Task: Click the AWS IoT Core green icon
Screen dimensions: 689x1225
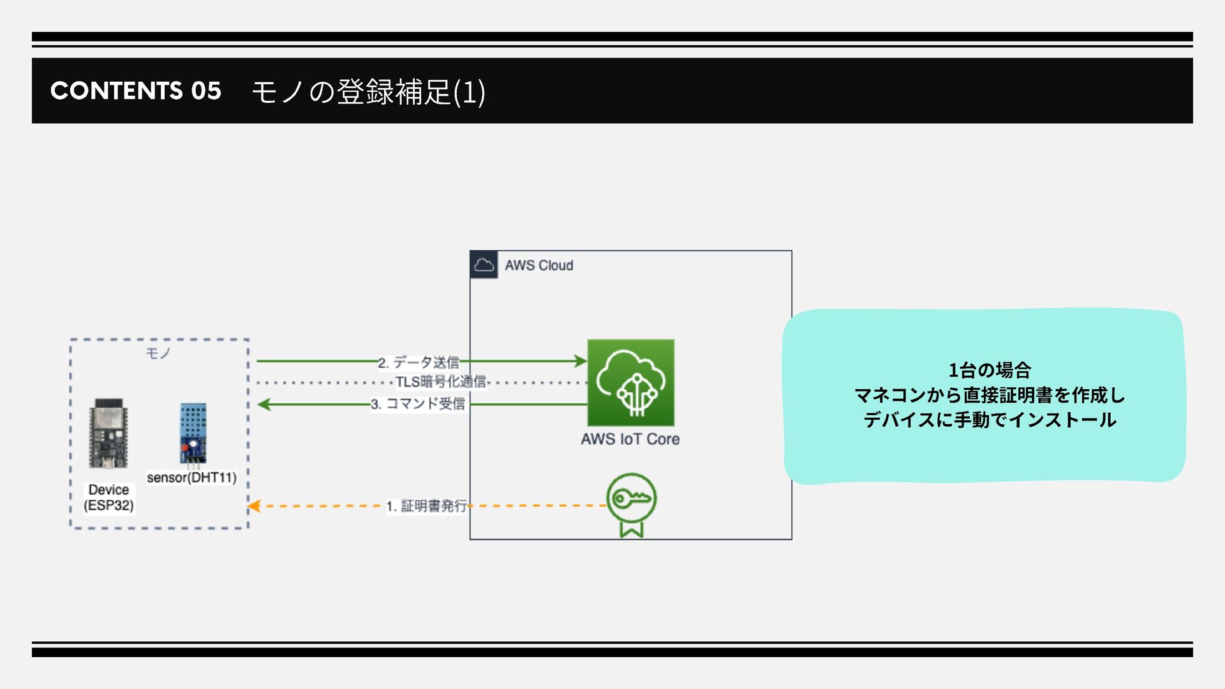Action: click(x=630, y=383)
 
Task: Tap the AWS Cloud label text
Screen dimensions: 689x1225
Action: click(x=538, y=265)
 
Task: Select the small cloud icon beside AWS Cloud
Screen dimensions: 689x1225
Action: click(x=484, y=265)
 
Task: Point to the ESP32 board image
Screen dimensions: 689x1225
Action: click(x=108, y=434)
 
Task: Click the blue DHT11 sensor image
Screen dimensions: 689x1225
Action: click(x=193, y=433)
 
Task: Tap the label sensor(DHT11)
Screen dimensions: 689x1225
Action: click(x=191, y=478)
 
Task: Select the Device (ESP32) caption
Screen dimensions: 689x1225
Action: click(x=108, y=498)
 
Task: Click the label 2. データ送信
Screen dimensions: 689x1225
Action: click(x=419, y=362)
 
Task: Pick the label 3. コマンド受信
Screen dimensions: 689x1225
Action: click(x=419, y=404)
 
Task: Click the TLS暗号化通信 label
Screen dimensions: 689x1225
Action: click(x=441, y=382)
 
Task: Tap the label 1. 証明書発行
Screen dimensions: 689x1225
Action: click(x=427, y=506)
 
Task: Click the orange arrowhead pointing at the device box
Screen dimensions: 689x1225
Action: click(x=254, y=506)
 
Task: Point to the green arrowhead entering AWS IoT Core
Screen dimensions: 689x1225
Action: click(x=580, y=361)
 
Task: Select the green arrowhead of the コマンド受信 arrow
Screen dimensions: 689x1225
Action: click(x=264, y=404)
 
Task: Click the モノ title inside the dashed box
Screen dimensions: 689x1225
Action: click(x=158, y=353)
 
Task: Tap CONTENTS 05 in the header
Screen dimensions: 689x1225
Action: click(x=136, y=91)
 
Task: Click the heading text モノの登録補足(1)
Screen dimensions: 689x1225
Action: click(x=369, y=91)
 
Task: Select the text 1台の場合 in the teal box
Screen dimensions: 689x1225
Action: click(x=990, y=370)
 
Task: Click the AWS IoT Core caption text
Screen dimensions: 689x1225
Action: click(x=630, y=439)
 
